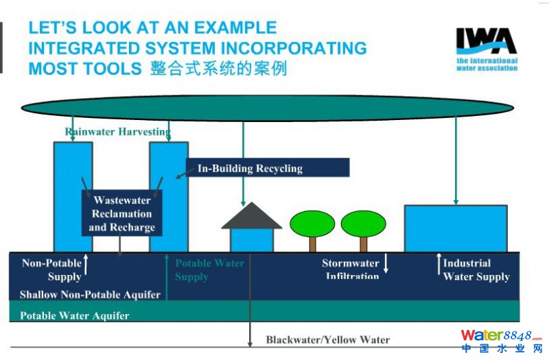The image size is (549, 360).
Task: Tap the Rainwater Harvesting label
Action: click(x=117, y=131)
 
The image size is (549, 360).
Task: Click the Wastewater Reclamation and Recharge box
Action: click(x=122, y=213)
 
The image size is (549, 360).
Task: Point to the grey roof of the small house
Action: click(x=251, y=217)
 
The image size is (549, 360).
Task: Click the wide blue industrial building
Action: click(x=456, y=228)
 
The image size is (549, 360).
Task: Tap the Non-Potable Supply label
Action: click(x=51, y=269)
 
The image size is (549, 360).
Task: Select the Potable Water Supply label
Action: click(x=209, y=269)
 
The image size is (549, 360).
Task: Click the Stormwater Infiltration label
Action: click(x=351, y=269)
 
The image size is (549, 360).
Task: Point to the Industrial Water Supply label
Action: click(x=476, y=269)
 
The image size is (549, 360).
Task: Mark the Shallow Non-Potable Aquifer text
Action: click(x=90, y=295)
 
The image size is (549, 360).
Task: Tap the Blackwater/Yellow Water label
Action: click(x=327, y=339)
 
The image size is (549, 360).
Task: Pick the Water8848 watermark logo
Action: click(x=500, y=340)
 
